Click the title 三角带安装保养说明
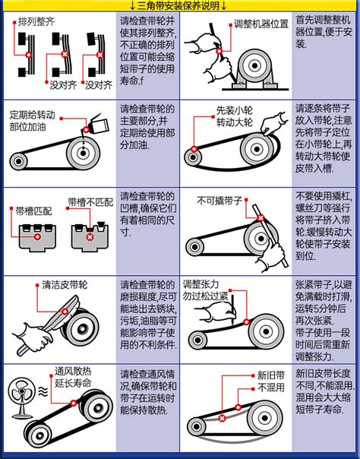pos(180,6)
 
